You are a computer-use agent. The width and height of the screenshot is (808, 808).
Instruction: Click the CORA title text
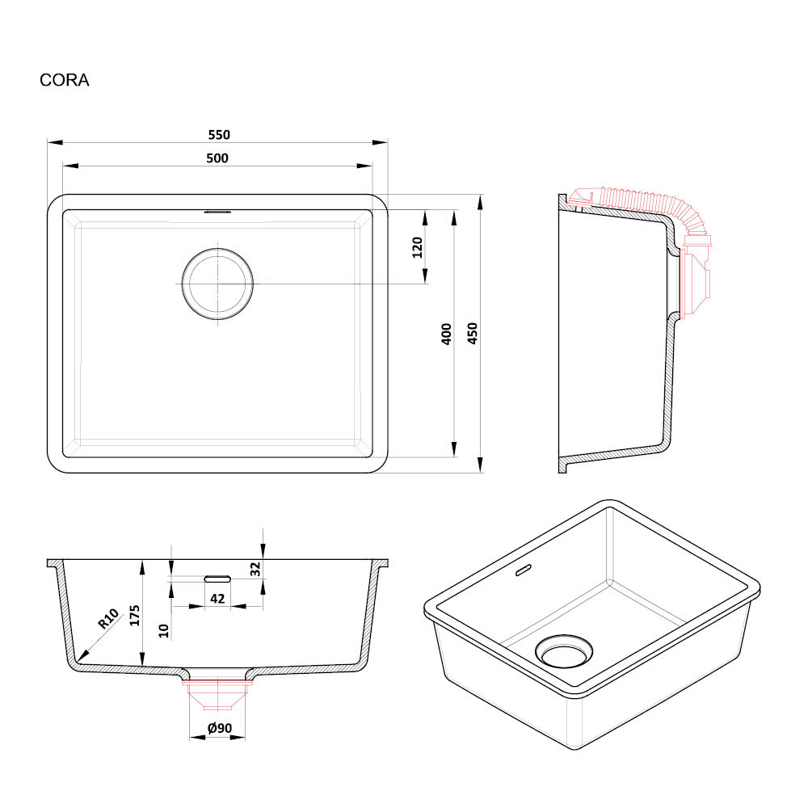(x=65, y=80)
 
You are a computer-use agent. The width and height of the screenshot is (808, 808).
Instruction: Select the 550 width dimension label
(x=219, y=135)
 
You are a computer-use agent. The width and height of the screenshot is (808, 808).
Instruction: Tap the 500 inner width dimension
(x=217, y=158)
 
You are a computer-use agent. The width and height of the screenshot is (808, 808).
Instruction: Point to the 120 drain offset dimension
(x=418, y=247)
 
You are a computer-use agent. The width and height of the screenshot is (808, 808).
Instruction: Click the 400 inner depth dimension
(x=447, y=334)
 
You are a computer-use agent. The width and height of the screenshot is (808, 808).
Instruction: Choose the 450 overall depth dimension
(x=473, y=334)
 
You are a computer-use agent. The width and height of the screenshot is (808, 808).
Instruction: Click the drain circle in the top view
(x=217, y=284)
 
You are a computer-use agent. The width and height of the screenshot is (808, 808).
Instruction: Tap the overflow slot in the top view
(x=218, y=211)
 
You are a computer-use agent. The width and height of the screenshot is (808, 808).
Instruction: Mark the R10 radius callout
(x=109, y=618)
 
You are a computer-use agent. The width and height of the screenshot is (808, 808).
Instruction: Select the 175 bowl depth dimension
(x=134, y=615)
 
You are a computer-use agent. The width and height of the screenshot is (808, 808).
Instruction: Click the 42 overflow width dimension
(x=217, y=599)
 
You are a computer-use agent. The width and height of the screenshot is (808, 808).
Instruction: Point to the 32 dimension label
(x=255, y=569)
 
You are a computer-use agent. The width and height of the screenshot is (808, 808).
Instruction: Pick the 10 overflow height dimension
(x=164, y=631)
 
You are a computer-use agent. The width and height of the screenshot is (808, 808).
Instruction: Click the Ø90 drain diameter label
(x=220, y=728)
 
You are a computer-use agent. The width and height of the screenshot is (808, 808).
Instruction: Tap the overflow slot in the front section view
(x=217, y=579)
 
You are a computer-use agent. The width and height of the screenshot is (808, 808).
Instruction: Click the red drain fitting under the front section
(x=217, y=695)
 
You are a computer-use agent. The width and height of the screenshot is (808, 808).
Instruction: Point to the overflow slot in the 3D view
(x=524, y=570)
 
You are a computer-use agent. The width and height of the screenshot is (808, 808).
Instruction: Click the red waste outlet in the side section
(x=696, y=277)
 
